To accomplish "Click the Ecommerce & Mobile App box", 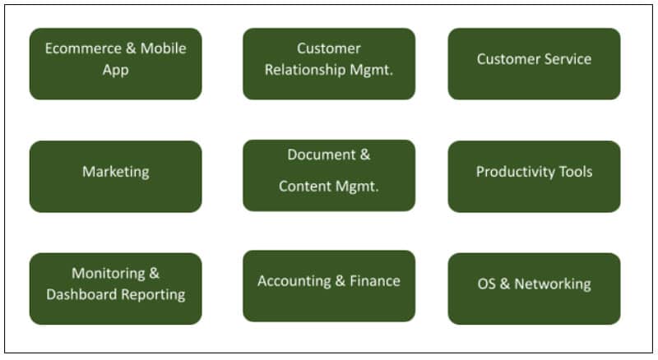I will [115, 63].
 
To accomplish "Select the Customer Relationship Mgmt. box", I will [329, 63].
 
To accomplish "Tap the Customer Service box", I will [534, 63].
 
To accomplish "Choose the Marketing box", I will [115, 176].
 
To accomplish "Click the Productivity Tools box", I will [534, 176].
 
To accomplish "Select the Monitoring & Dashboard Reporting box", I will [115, 288].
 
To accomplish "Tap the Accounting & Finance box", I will [329, 285].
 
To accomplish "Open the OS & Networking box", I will [534, 288].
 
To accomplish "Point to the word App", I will [115, 70].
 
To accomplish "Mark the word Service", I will [568, 59].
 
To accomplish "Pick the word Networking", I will [553, 284].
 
